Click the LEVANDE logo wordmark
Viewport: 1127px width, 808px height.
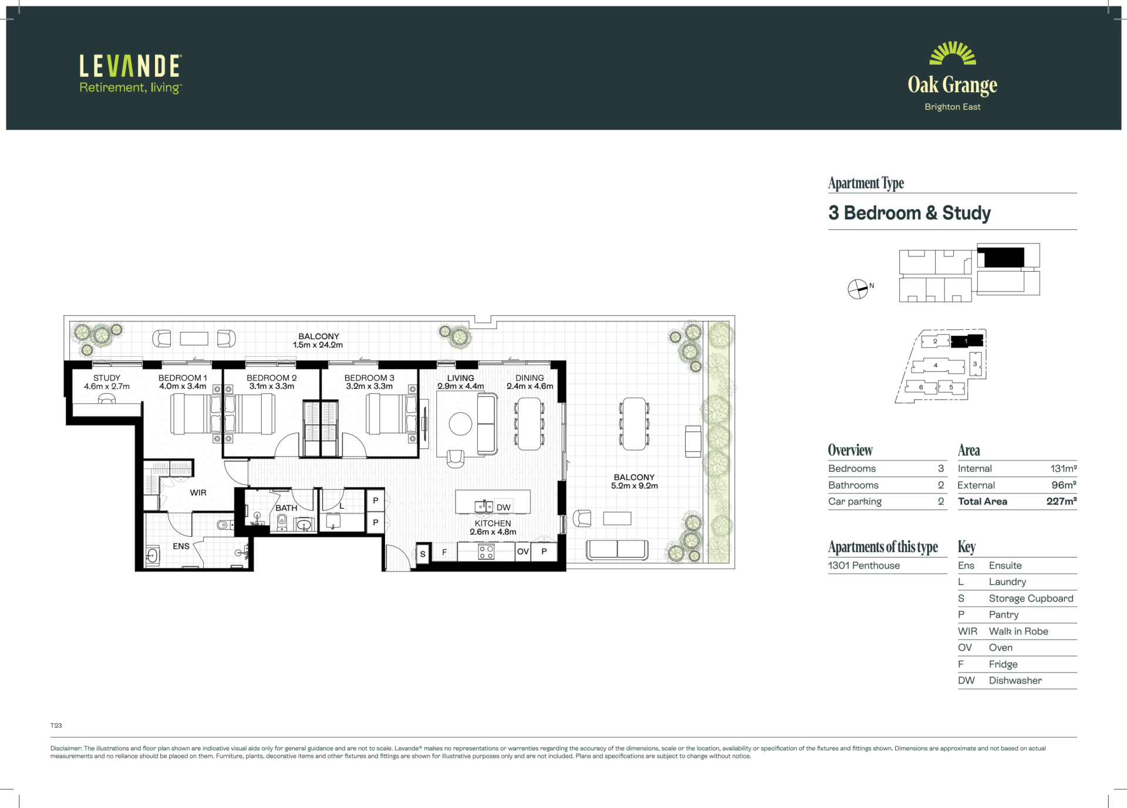coord(130,66)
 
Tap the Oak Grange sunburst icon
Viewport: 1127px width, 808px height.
coord(953,53)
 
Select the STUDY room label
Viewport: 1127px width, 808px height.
coord(107,378)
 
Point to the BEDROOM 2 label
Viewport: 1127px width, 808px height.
coord(272,378)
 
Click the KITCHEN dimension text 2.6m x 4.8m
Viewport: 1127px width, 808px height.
coord(493,532)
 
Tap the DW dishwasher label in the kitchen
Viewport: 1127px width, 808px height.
coord(504,508)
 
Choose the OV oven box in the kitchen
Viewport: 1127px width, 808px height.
coord(523,552)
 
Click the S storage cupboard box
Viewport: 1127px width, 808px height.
coord(423,554)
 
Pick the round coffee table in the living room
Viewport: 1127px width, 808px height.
coord(461,424)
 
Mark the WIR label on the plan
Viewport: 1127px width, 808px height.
coord(198,493)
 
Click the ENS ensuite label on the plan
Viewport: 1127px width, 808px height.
coord(181,546)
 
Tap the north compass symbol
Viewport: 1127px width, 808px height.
coord(858,289)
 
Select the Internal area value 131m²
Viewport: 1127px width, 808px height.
coord(1064,469)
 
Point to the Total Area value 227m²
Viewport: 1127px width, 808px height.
coord(1062,502)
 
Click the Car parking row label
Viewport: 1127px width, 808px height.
coord(855,502)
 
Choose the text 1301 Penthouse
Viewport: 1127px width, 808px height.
coord(864,566)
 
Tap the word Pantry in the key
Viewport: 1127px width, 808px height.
coord(1004,615)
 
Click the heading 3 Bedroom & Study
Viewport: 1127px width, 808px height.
coord(909,213)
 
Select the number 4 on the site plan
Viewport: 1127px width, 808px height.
coord(936,366)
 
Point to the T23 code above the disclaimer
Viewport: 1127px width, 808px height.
coord(56,726)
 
